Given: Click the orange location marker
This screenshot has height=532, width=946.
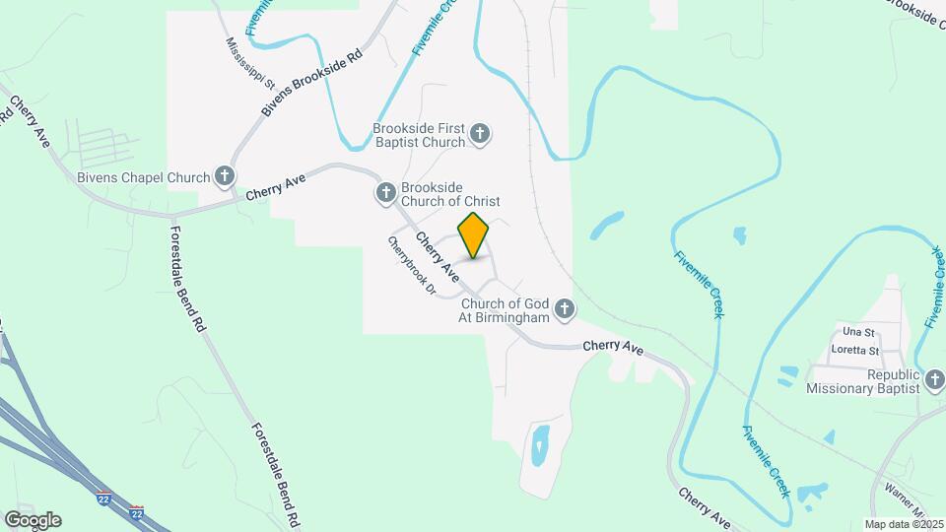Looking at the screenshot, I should click(x=474, y=235).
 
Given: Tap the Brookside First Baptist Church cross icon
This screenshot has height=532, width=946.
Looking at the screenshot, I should click(x=480, y=134).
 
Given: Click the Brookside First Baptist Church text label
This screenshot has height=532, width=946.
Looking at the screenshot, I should click(x=418, y=135).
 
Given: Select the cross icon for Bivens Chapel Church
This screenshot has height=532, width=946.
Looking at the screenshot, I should click(x=226, y=177).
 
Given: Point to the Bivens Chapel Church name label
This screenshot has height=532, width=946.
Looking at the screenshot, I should click(x=143, y=178).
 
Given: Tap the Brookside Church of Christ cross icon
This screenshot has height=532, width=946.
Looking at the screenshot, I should click(x=385, y=193).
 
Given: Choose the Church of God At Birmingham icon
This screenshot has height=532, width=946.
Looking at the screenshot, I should click(x=565, y=311).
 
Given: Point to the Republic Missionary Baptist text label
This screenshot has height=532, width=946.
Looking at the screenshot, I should click(x=865, y=381).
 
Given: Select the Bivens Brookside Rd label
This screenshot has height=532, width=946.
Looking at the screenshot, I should click(x=312, y=82).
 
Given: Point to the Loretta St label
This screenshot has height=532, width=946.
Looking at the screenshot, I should click(x=854, y=350).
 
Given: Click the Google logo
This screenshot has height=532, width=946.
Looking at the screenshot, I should click(x=33, y=520).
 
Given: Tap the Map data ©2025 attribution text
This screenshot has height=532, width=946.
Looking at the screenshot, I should click(x=902, y=524).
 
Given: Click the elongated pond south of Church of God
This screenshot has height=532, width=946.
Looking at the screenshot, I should click(x=539, y=445).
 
